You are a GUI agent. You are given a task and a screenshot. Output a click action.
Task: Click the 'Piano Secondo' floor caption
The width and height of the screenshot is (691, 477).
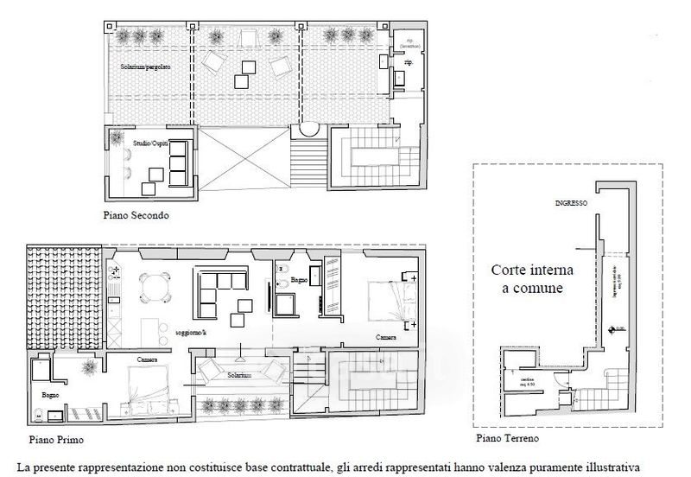pyautogui.click(x=136, y=216)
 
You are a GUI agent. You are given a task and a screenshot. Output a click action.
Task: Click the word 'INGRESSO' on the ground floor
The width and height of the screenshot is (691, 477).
pyautogui.click(x=571, y=204)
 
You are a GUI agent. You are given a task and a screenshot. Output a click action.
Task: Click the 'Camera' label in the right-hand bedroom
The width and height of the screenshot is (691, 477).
pyautogui.click(x=386, y=337)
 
